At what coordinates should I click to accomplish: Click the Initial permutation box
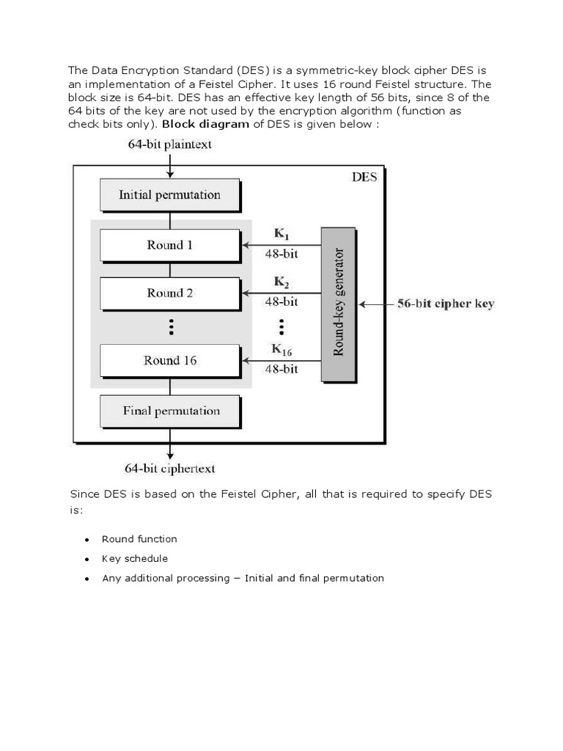169,195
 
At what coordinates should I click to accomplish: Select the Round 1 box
169,246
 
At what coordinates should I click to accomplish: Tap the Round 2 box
169,293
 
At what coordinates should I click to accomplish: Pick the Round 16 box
169,360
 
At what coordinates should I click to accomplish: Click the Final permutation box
169,411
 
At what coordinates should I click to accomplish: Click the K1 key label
281,234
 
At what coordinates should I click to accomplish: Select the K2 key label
281,282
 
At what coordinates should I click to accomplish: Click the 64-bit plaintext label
169,144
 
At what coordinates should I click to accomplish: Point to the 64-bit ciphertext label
170,468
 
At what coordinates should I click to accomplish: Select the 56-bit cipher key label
446,304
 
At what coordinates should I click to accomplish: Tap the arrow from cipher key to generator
375,304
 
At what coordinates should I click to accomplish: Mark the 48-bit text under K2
281,301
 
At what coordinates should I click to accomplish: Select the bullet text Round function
139,539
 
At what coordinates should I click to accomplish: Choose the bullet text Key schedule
135,559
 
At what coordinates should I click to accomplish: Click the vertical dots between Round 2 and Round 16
170,326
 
